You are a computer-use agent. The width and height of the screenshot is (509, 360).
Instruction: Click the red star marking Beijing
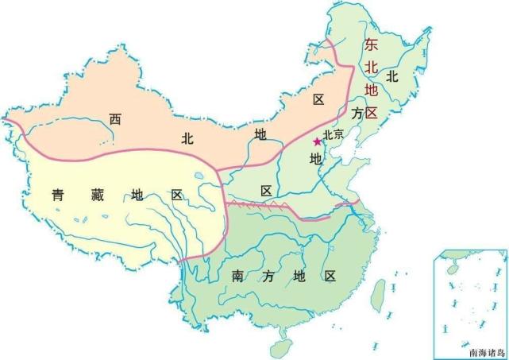click(x=317, y=141)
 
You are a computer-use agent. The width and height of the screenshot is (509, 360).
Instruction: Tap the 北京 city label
click(x=333, y=134)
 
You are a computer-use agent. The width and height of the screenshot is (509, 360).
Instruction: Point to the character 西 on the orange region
click(x=116, y=119)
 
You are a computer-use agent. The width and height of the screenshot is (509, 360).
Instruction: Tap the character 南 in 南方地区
click(x=237, y=277)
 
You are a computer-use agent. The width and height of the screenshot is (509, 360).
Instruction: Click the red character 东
click(x=372, y=45)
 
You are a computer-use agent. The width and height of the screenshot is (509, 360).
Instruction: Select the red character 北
click(x=372, y=67)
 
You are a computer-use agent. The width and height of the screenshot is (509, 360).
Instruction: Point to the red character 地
click(x=372, y=88)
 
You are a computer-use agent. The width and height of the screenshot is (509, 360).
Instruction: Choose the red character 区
click(x=372, y=110)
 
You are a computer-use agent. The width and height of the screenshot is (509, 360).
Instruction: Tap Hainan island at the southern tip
click(x=279, y=347)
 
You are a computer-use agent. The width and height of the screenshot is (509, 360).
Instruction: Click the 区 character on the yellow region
click(x=176, y=195)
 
